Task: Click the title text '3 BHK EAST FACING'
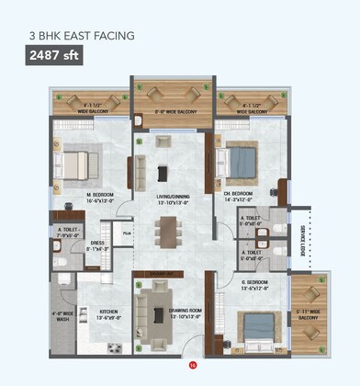tap(83, 36)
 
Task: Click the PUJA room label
tap(129, 234)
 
